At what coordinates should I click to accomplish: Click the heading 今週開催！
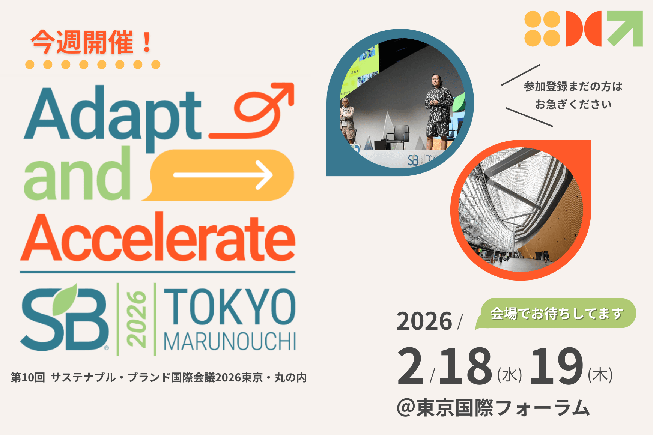92,42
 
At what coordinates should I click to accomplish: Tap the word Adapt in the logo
113,116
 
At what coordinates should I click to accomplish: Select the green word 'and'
77,174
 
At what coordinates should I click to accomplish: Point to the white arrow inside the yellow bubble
223,175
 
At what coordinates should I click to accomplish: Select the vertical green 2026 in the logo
136,319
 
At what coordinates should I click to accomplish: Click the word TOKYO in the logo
230,306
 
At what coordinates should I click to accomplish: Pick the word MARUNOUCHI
230,341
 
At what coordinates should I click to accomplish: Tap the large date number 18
465,366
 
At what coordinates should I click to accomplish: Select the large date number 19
557,366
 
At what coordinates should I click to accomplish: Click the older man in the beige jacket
347,120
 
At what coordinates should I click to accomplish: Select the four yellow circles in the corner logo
542,29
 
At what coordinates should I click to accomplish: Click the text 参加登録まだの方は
573,87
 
